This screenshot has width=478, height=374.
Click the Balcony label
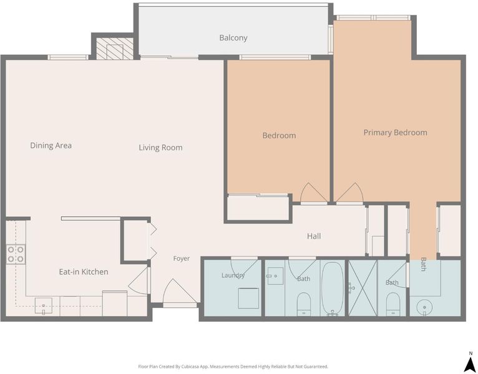(x=233, y=38)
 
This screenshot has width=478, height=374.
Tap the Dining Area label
(x=51, y=146)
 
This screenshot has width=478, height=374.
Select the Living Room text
(x=160, y=148)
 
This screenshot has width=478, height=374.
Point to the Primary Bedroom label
(x=396, y=133)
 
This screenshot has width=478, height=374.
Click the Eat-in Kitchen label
(x=84, y=272)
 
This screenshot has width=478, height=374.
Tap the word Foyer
(x=182, y=259)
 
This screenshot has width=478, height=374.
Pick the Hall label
(x=314, y=236)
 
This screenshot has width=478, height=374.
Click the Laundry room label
(x=233, y=276)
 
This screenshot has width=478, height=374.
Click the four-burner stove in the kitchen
(x=16, y=254)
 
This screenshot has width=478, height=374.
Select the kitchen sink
(x=43, y=306)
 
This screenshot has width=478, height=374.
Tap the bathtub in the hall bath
(x=332, y=288)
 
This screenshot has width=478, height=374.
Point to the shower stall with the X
(x=363, y=288)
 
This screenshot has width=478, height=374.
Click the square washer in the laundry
(x=248, y=298)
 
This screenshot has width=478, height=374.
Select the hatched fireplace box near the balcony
(x=115, y=49)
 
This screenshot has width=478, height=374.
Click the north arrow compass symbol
(x=471, y=362)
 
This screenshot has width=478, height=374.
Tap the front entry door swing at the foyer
(x=179, y=292)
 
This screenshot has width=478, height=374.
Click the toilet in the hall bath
(x=304, y=304)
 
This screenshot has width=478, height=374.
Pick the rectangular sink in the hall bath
(x=275, y=276)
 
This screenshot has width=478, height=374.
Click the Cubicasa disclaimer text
(x=233, y=367)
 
